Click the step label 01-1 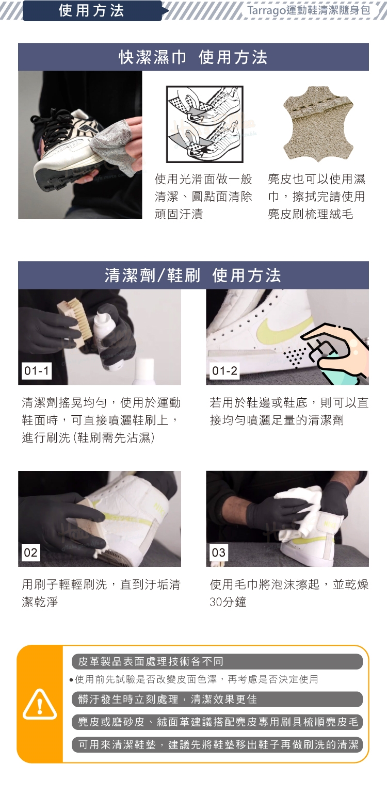(36, 371)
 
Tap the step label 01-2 (224, 371)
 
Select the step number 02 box (30, 552)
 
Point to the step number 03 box (218, 552)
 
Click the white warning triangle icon (40, 705)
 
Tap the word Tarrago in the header (266, 10)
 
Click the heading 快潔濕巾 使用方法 (193, 57)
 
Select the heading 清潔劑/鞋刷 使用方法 (193, 275)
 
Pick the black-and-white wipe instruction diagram (205, 124)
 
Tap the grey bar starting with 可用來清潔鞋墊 (217, 745)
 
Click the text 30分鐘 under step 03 (228, 602)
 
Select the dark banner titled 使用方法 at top (92, 11)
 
